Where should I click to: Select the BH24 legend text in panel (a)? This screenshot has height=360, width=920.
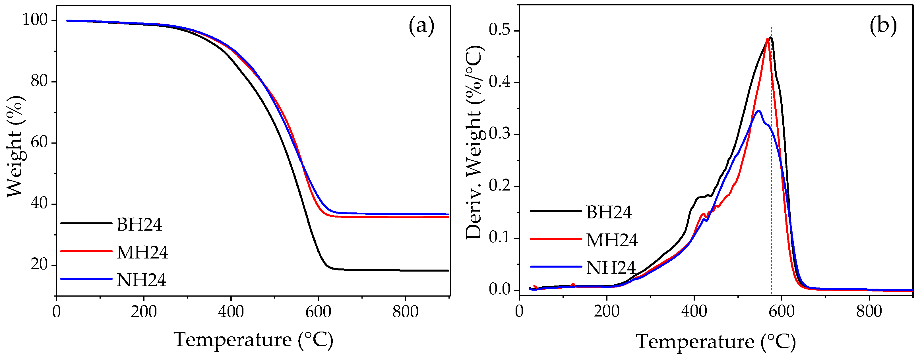[x=139, y=225]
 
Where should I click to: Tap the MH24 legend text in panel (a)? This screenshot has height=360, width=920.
[x=142, y=252]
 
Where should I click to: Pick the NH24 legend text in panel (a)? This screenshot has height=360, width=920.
[x=141, y=280]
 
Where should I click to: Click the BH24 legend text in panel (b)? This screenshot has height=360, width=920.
[x=609, y=212]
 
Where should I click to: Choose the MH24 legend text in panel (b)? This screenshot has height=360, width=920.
[x=612, y=240]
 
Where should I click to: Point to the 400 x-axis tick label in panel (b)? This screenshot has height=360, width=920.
[x=694, y=311]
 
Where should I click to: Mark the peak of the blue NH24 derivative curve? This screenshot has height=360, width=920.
[x=758, y=111]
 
